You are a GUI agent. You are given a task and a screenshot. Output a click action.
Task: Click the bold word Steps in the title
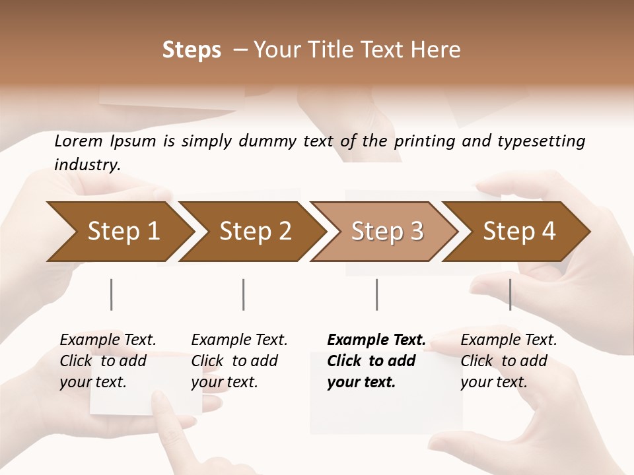192,50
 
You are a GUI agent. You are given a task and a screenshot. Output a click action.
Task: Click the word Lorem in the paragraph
79,141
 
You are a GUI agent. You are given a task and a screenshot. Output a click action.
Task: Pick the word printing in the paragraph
425,141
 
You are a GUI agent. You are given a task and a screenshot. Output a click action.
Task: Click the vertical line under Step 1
112,294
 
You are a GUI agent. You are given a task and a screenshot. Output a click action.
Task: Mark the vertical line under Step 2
244,294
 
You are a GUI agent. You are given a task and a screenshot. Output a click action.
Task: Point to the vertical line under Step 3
376,294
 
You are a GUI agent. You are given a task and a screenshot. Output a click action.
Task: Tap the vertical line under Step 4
510,294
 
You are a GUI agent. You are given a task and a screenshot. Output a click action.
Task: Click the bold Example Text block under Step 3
376,361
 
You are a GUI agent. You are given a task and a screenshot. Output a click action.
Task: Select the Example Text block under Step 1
108,361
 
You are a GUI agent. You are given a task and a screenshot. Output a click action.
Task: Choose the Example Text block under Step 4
509,361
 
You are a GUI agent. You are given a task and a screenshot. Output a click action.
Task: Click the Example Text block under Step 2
239,361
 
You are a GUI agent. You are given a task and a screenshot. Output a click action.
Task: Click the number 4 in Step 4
548,232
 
